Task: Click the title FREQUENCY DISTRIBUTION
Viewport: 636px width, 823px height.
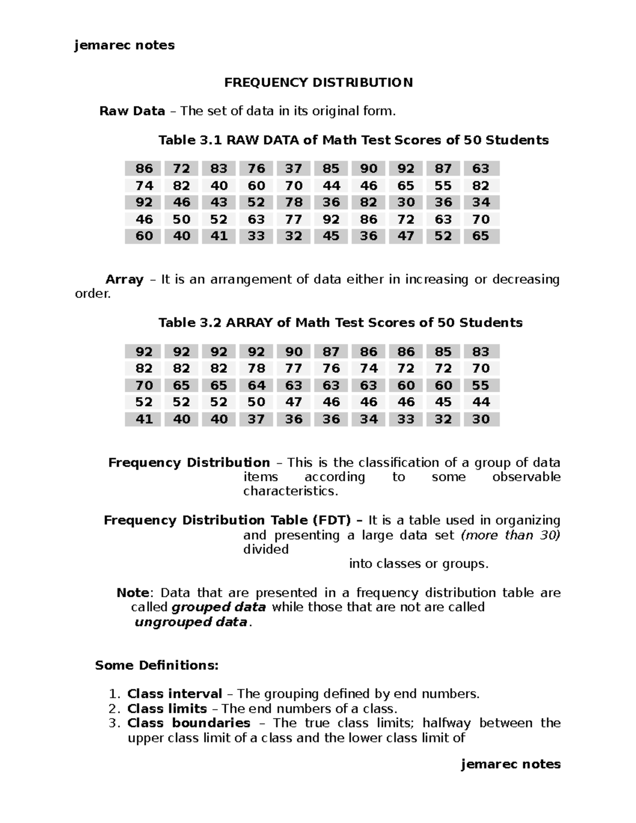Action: [318, 83]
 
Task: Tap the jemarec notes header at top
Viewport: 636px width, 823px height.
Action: [125, 45]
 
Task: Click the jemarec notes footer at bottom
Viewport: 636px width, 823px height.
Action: [510, 764]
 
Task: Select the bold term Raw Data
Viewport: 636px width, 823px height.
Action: [132, 111]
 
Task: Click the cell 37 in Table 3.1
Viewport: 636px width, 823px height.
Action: [293, 169]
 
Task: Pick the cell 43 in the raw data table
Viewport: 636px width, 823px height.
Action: [218, 202]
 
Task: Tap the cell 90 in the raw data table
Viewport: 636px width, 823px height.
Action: [368, 169]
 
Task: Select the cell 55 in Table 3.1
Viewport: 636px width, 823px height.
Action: [443, 185]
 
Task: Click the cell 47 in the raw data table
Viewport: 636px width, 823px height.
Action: [405, 236]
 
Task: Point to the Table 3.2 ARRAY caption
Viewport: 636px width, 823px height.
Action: [340, 323]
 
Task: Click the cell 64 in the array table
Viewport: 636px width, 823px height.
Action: [256, 385]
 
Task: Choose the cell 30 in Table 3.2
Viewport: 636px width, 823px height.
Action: [481, 419]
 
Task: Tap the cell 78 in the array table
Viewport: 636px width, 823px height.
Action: [256, 368]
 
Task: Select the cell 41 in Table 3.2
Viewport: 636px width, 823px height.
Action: [144, 419]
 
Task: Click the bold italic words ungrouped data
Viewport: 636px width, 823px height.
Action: [191, 622]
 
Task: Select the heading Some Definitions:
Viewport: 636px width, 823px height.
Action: [156, 666]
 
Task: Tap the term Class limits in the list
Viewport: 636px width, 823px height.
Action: [167, 709]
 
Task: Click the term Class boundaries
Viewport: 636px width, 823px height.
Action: [189, 723]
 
